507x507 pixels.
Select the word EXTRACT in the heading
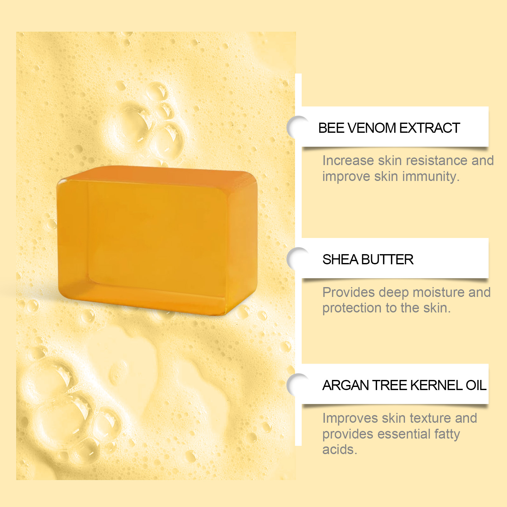pyautogui.click(x=430, y=128)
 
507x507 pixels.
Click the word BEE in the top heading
pyautogui.click(x=331, y=128)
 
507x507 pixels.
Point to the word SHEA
pyautogui.click(x=340, y=260)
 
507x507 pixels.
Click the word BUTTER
pyautogui.click(x=387, y=260)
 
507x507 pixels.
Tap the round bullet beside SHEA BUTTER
pyautogui.click(x=295, y=258)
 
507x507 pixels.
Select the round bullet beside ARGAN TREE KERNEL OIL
pyautogui.click(x=295, y=385)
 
